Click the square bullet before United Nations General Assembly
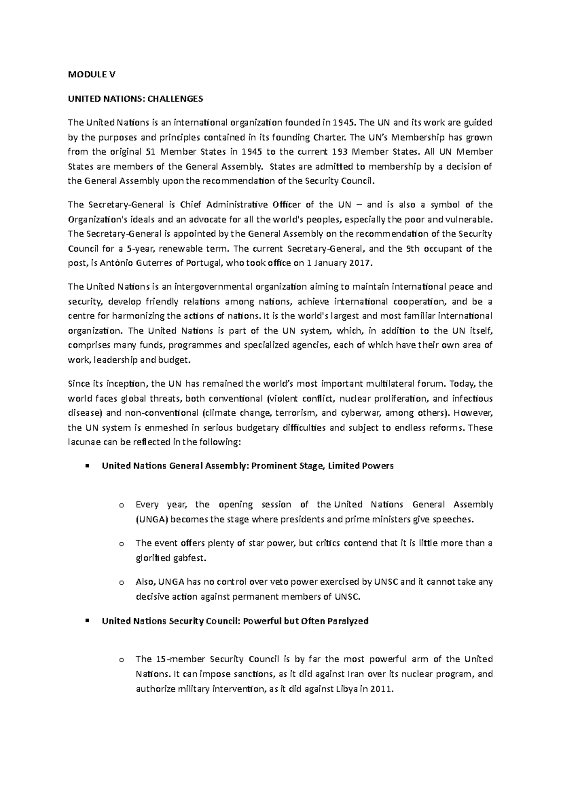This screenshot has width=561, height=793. point(87,466)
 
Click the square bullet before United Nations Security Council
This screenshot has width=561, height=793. point(87,621)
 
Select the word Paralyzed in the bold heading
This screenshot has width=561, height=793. point(348,621)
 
